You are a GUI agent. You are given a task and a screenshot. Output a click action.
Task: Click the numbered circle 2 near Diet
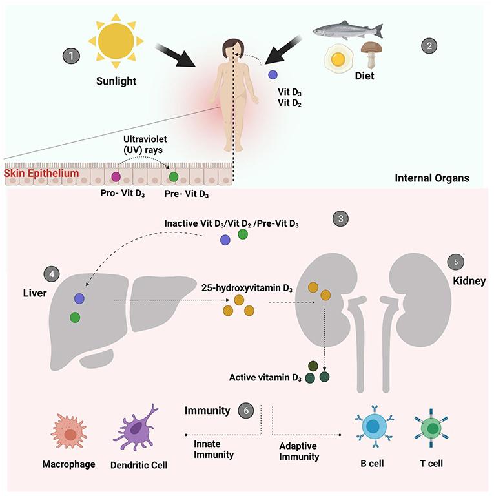[x=427, y=46]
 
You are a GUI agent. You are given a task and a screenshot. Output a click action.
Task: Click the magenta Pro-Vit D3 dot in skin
[x=116, y=176]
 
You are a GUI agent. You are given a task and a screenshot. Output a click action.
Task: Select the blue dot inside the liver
[x=79, y=298]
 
